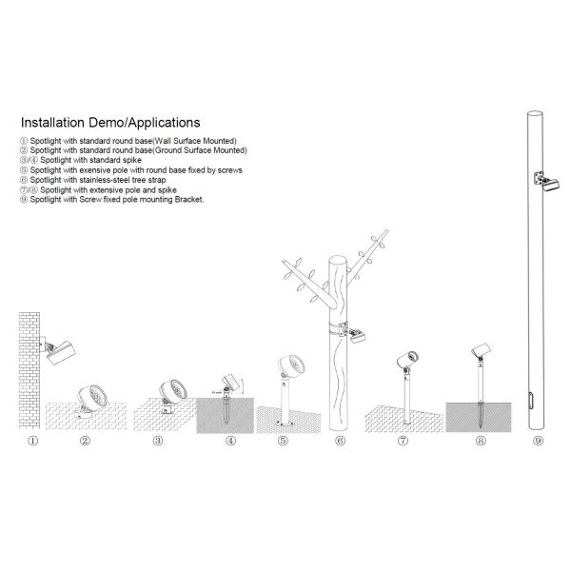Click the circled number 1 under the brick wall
(x=32, y=441)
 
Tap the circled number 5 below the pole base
(x=283, y=441)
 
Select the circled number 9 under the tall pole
(x=538, y=441)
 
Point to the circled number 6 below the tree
(x=340, y=441)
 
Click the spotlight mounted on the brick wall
(x=58, y=349)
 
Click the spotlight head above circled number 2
(x=92, y=396)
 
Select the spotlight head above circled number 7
(x=408, y=360)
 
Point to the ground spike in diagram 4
(x=226, y=408)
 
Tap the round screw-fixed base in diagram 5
(x=285, y=423)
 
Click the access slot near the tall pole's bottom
(x=530, y=401)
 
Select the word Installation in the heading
(x=52, y=123)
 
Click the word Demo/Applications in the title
(x=145, y=123)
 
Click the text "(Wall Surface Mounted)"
(x=194, y=141)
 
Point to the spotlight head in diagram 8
(x=482, y=349)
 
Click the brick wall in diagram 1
(x=30, y=370)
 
